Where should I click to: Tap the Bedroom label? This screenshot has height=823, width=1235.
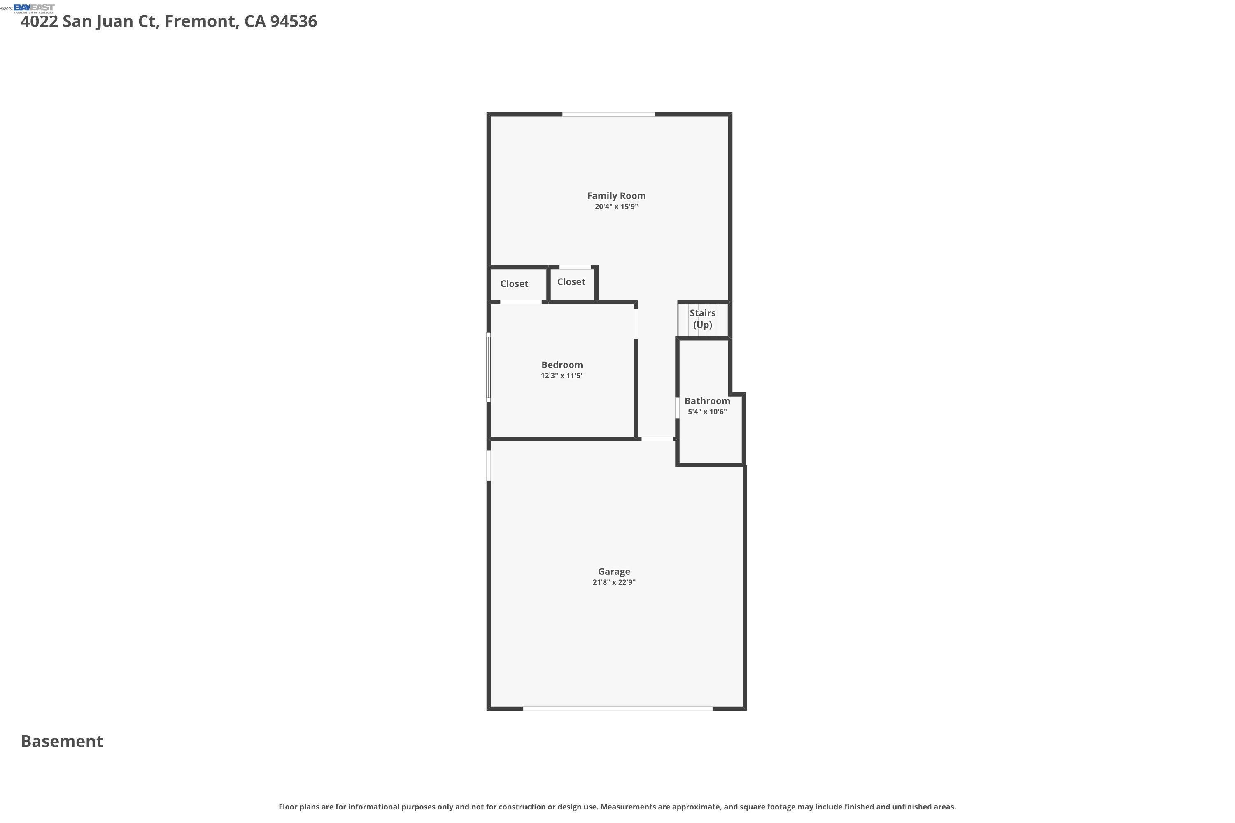coord(562,365)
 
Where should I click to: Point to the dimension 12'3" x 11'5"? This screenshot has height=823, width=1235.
coord(562,376)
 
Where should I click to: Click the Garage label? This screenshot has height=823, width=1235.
coord(614,572)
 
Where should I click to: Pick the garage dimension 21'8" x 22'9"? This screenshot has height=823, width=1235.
coord(614,582)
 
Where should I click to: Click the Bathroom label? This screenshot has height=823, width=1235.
coord(707,401)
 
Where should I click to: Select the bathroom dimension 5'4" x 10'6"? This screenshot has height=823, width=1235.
coord(707,411)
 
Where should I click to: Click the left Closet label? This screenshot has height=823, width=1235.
coord(514,284)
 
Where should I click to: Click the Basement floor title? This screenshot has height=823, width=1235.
coord(62,741)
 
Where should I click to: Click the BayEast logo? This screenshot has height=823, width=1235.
coord(34,8)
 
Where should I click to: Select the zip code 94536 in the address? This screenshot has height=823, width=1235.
coord(294,21)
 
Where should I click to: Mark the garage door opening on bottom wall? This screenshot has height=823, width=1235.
coord(617,709)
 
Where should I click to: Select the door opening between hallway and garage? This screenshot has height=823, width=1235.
coord(657,439)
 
